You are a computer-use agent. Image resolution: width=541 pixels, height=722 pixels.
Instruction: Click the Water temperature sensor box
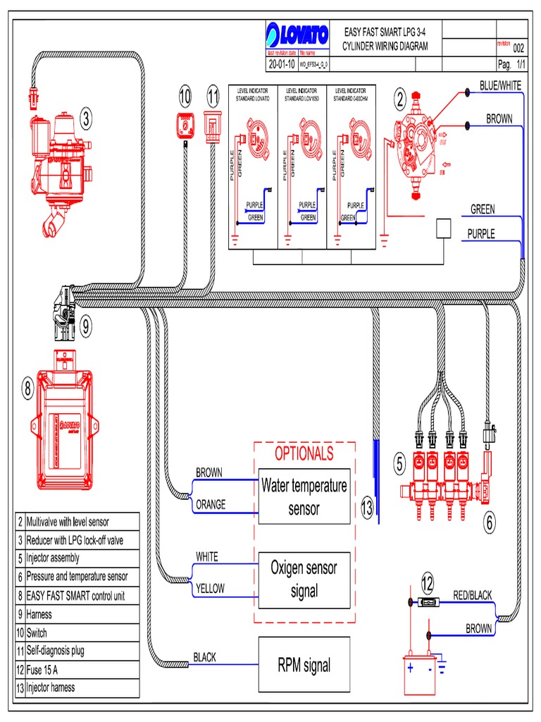(304, 496)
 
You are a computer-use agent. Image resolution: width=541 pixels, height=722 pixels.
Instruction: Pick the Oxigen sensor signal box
(304, 580)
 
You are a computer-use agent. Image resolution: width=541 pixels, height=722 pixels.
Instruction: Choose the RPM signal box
(304, 664)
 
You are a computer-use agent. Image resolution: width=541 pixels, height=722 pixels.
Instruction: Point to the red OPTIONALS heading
(304, 453)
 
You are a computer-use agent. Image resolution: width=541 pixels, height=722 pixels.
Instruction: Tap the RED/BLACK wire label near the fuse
(472, 596)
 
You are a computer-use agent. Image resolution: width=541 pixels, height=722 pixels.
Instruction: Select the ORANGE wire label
(211, 504)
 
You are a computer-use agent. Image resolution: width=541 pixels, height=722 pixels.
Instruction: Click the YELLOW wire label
(210, 587)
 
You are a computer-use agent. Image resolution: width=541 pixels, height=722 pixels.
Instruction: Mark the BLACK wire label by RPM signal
(205, 657)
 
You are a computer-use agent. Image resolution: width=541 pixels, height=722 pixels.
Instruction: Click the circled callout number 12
(428, 582)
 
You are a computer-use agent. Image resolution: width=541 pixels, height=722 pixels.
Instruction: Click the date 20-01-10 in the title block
(281, 63)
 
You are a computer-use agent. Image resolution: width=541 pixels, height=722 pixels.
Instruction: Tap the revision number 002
(518, 48)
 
